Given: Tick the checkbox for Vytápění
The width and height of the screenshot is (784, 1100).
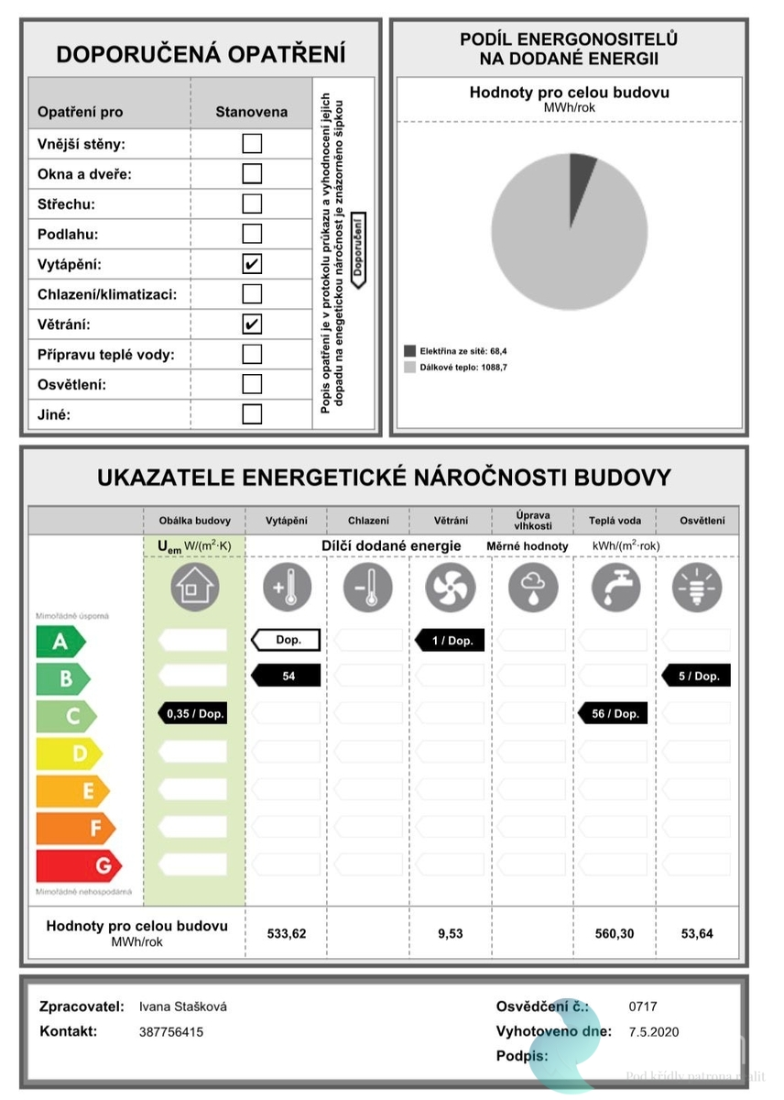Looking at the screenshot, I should [x=252, y=264].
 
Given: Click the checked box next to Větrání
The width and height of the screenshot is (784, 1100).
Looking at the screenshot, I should [x=252, y=324].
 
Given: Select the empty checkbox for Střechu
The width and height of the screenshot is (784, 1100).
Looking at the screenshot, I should [x=252, y=203].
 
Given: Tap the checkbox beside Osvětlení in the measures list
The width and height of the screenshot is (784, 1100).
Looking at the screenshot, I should [x=252, y=384].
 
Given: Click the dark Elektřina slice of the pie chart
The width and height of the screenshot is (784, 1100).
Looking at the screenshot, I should [x=582, y=170].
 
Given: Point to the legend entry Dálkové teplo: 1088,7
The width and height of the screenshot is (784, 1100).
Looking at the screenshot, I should [x=455, y=368].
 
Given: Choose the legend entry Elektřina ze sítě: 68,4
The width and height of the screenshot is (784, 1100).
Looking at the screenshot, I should [x=455, y=350].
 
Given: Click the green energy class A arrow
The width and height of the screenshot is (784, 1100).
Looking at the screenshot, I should [x=60, y=642].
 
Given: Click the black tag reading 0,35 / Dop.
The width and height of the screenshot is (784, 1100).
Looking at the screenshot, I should [x=191, y=713].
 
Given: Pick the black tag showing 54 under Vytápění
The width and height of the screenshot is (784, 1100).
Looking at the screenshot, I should [x=287, y=676].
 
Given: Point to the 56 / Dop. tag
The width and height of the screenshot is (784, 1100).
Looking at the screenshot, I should [x=614, y=713].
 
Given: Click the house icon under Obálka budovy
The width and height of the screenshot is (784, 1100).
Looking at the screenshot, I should [x=194, y=587].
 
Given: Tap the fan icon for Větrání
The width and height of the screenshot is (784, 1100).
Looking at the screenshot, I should [x=450, y=588].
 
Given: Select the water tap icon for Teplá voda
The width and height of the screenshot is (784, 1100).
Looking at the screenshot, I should [x=615, y=587].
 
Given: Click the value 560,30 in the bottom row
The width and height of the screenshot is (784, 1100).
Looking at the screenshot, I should [x=615, y=933].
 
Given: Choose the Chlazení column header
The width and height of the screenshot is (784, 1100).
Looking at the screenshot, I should [x=368, y=521].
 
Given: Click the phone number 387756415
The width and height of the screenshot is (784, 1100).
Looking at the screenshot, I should [x=171, y=1032].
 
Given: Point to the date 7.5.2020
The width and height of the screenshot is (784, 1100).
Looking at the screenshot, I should [x=654, y=1032].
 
